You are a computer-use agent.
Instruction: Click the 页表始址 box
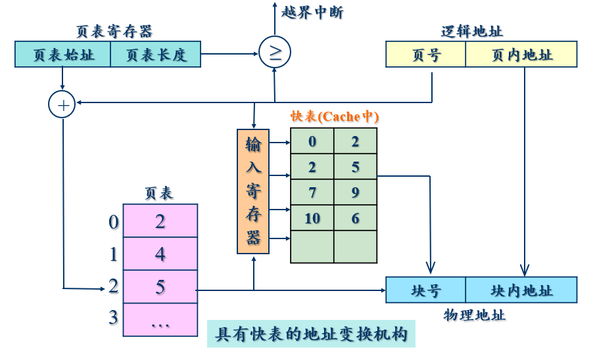[62, 55]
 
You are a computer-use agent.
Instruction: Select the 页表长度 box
[156, 55]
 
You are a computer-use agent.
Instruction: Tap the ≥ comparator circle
[274, 53]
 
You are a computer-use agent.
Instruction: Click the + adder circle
[62, 104]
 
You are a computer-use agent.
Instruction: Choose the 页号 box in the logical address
[425, 55]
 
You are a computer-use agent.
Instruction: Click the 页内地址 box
[521, 55]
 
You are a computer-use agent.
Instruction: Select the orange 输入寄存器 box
[253, 191]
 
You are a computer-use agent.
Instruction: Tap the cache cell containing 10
[312, 218]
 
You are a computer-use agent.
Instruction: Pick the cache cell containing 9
[356, 192]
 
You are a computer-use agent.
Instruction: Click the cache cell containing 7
[312, 192]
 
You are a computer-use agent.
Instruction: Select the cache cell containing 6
[356, 218]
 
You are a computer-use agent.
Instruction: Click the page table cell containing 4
[160, 254]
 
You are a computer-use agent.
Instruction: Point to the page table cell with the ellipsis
[160, 320]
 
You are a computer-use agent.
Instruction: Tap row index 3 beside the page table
[113, 318]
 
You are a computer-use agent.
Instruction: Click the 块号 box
[425, 290]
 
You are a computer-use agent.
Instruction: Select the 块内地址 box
[521, 290]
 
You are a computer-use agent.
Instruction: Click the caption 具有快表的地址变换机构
[312, 334]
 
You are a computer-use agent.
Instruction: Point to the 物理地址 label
[475, 315]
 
